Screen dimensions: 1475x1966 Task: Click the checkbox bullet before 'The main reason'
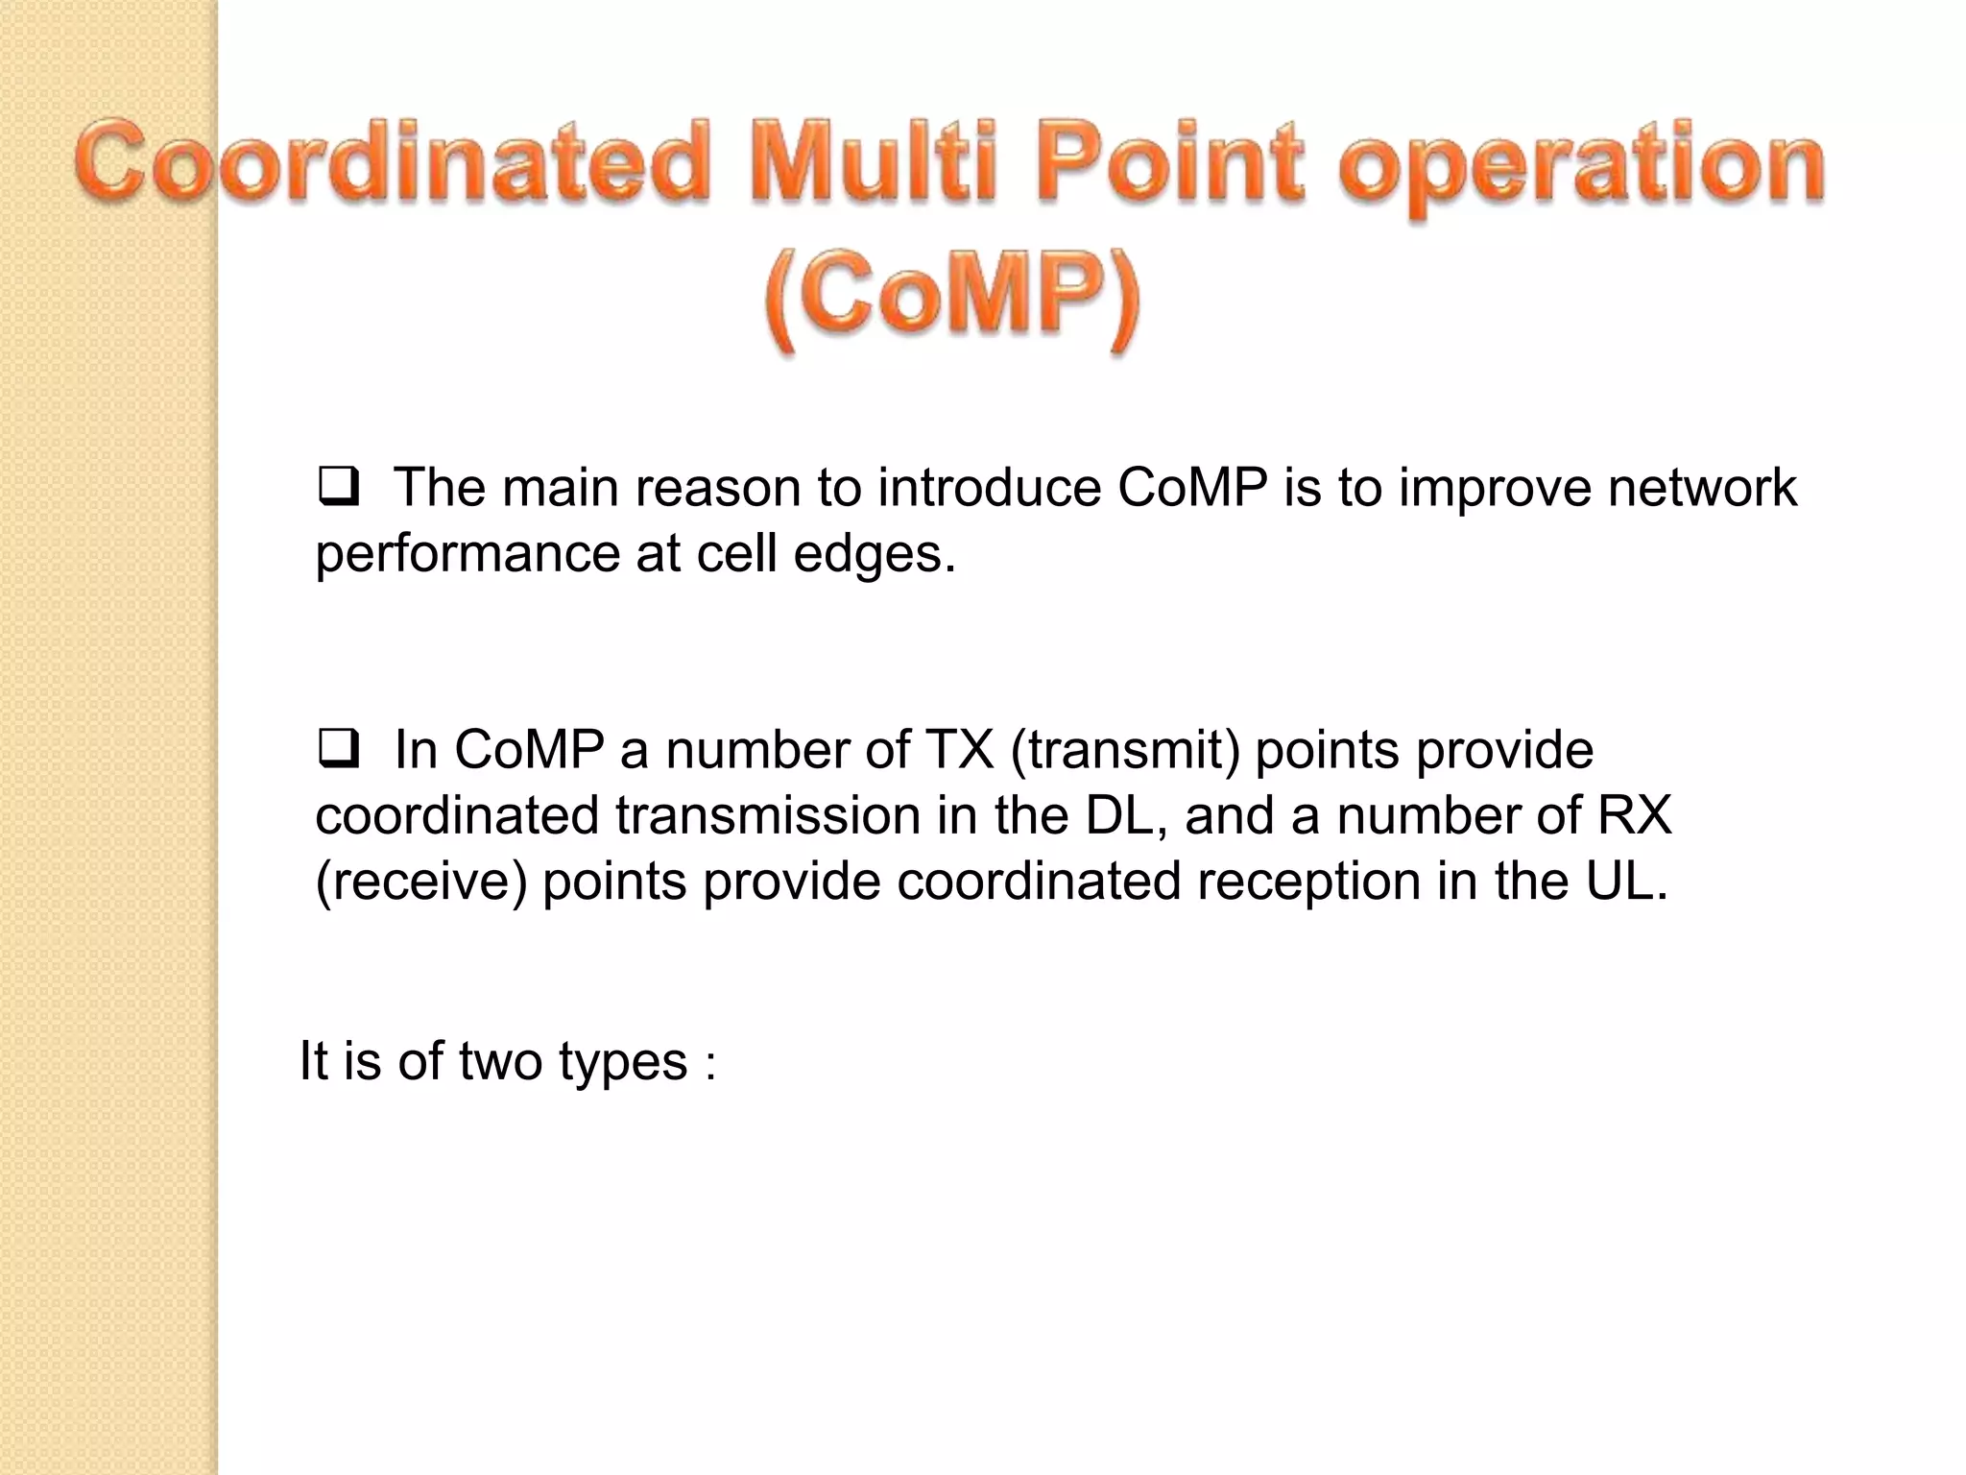(x=337, y=489)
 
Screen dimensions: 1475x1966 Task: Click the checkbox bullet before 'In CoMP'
(x=337, y=750)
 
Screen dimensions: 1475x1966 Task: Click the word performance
(x=468, y=555)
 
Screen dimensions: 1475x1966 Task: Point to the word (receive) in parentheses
(x=421, y=882)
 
